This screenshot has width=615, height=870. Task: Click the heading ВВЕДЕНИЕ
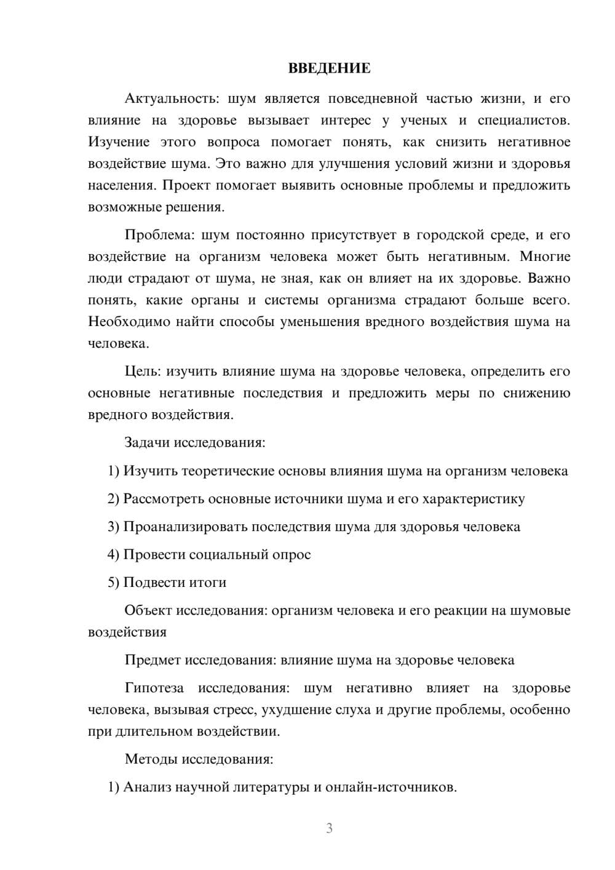[x=329, y=68]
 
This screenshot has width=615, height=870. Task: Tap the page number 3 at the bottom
[x=329, y=828]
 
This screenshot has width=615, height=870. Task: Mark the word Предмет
[x=153, y=660]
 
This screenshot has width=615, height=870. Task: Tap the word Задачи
[x=147, y=442]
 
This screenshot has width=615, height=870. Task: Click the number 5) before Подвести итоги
[x=113, y=583]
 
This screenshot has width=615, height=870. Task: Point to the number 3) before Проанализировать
[x=113, y=527]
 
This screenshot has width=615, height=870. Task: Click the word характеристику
[x=474, y=498]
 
